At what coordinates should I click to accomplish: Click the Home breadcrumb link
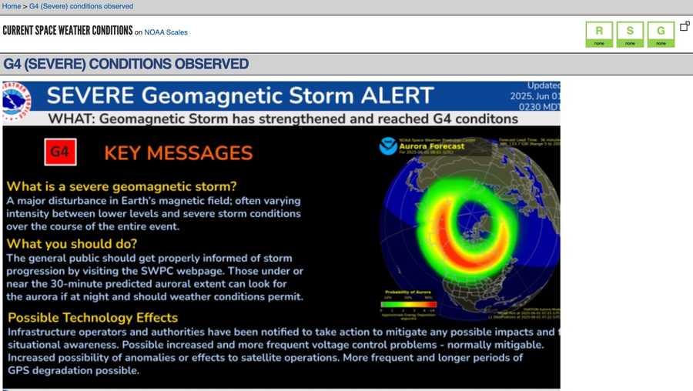pyautogui.click(x=12, y=6)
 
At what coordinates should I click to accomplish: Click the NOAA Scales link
pyautogui.click(x=166, y=32)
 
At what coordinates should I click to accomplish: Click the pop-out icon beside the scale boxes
pyautogui.click(x=685, y=26)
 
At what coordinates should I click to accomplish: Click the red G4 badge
pyautogui.click(x=59, y=152)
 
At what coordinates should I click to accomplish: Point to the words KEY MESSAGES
pyautogui.click(x=178, y=152)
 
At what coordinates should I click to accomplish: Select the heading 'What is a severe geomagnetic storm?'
pyautogui.click(x=122, y=186)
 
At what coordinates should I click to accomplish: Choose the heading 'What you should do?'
pyautogui.click(x=72, y=243)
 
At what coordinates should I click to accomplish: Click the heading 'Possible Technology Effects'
pyautogui.click(x=92, y=317)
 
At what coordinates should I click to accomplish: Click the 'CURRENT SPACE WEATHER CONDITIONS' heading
pyautogui.click(x=68, y=32)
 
